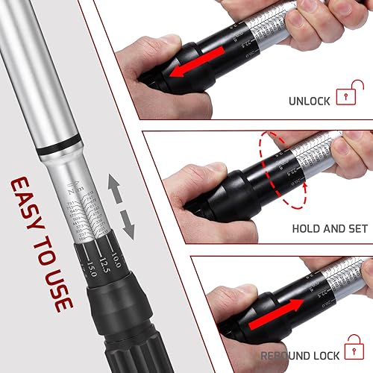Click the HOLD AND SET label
[328, 230]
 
